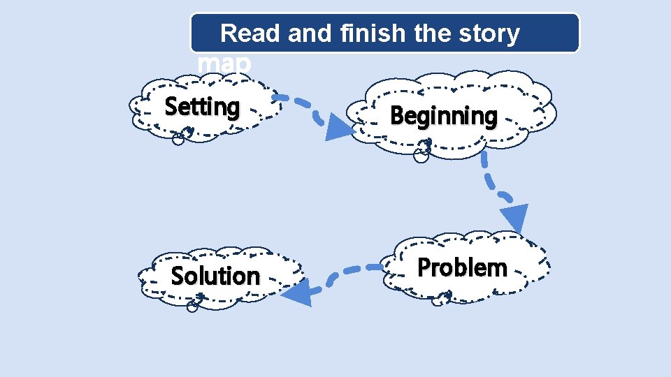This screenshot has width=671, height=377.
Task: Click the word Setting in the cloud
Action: pos(202,108)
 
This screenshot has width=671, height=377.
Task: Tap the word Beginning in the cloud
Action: pos(443,116)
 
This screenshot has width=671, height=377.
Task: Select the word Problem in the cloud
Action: pos(462,267)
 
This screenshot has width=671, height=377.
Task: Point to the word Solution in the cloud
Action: pos(215,276)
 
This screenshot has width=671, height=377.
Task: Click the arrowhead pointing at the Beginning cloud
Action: pos(340,127)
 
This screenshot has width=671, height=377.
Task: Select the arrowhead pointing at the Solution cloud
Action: pos(297,292)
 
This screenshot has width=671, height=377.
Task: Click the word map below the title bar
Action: pos(224,63)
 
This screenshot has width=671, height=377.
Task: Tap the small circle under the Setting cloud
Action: pos(178,139)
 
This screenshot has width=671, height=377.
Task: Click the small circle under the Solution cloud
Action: pos(193,306)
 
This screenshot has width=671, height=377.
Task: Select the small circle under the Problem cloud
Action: pos(438,302)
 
